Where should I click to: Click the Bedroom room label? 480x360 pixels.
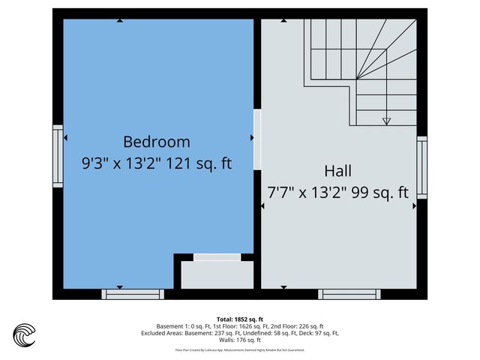pos(157,141)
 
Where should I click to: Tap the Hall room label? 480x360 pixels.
pos(337,170)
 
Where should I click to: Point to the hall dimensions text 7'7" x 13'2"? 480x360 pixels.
pos(307,192)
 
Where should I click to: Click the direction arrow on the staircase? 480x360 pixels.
pos(386,119)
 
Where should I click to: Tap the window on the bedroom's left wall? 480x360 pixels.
pos(58,154)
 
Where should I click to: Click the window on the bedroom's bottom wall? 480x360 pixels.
pos(133,294)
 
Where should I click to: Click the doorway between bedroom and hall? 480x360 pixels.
pos(257,139)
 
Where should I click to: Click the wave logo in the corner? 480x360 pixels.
pos(25,334)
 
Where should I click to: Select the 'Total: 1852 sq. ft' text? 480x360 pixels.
pos(239,319)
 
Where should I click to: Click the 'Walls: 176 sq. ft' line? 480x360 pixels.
pos(239,340)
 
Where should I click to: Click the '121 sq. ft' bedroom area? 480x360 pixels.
pos(199,163)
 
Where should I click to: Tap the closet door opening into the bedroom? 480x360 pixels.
pos(217,257)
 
